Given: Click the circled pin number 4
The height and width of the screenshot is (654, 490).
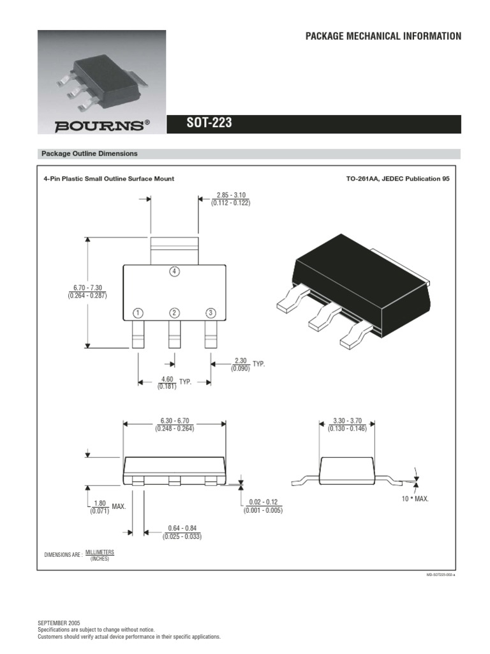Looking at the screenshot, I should (174, 271).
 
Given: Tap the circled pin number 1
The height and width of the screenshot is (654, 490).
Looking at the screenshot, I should (137, 312).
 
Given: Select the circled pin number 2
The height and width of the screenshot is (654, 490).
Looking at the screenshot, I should (174, 312).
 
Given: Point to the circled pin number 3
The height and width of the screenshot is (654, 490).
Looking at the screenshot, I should (211, 312).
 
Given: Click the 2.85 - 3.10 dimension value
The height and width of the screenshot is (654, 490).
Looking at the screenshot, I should (231, 195).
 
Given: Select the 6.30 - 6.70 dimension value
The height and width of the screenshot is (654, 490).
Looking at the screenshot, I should (174, 421).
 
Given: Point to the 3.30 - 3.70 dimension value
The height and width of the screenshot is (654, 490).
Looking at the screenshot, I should (347, 421).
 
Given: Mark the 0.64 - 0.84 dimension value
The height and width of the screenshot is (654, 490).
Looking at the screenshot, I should (182, 528).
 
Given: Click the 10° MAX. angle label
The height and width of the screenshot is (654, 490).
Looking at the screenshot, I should (415, 498).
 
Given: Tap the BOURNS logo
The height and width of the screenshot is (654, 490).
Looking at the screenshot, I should (103, 125).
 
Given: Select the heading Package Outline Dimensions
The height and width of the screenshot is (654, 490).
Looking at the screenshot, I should (89, 154).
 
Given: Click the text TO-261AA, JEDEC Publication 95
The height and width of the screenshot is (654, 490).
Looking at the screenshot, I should (397, 179).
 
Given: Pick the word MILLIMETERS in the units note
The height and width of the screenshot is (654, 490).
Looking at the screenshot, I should (100, 552).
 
